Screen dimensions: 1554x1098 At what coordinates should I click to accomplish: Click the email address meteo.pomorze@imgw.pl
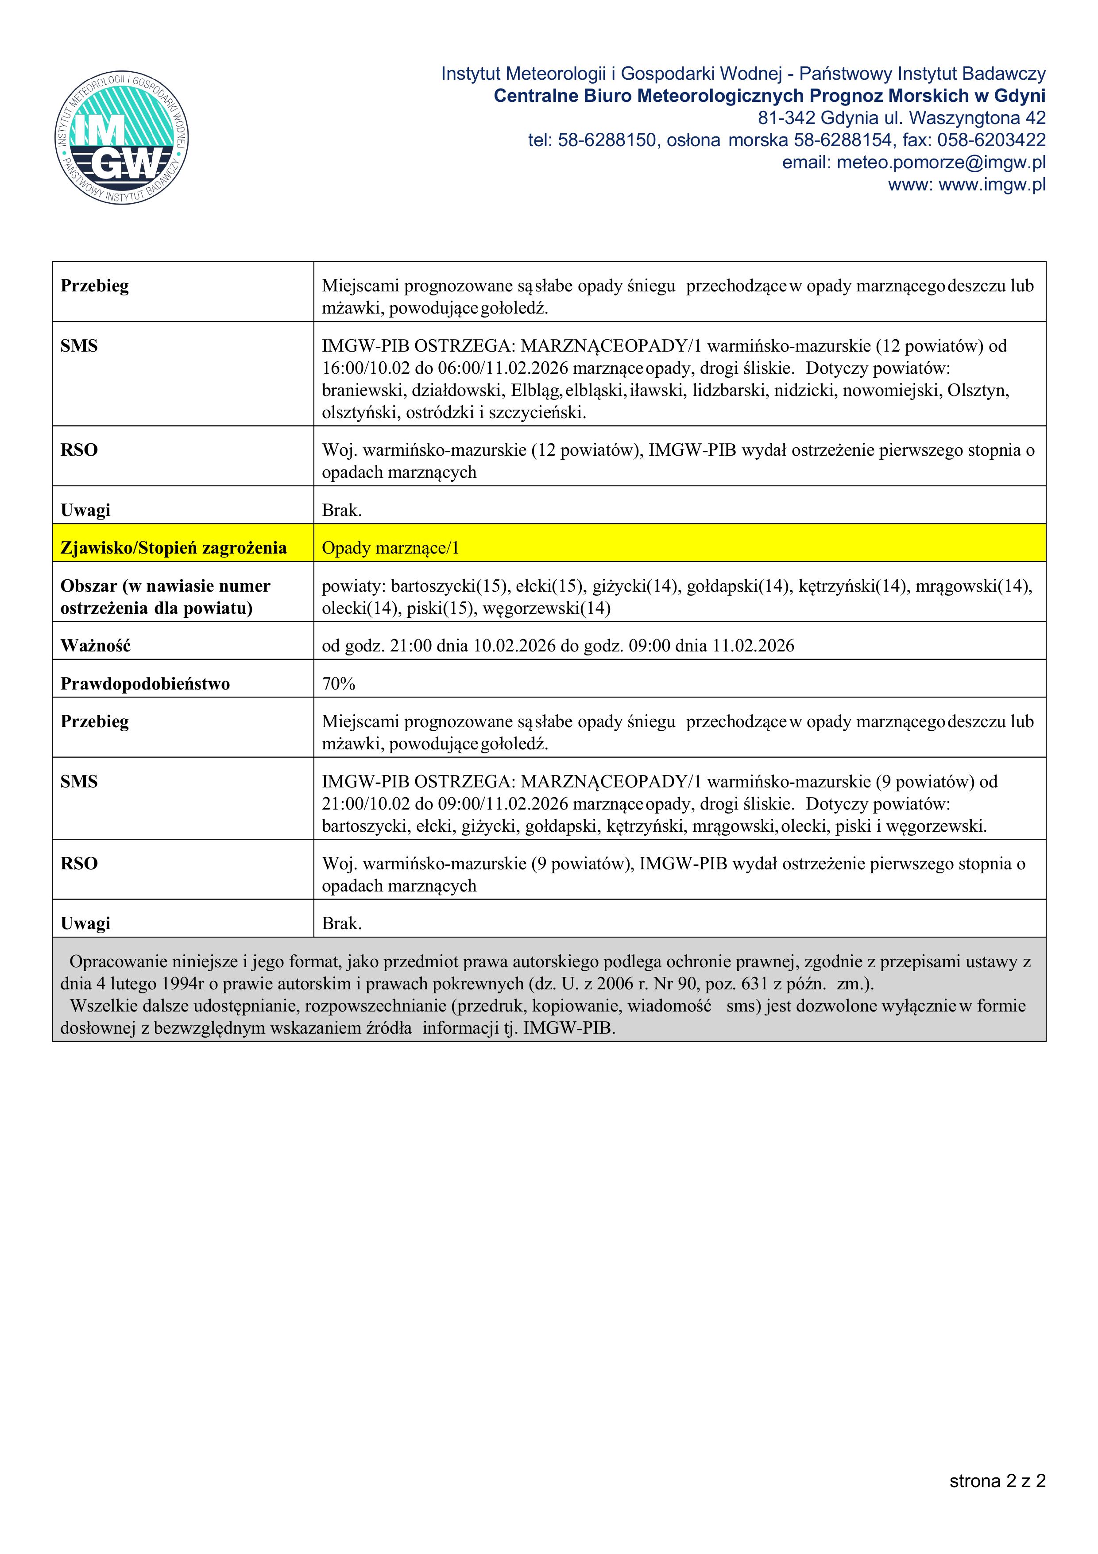tap(941, 163)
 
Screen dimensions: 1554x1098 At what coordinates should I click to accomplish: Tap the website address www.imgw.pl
tap(992, 185)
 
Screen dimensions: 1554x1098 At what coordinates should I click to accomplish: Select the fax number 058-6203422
tap(991, 140)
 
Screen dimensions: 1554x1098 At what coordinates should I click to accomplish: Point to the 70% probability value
tap(338, 684)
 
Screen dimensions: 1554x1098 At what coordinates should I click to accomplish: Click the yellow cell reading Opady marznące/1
tap(390, 547)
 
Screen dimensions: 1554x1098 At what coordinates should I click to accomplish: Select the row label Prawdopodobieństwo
tap(145, 684)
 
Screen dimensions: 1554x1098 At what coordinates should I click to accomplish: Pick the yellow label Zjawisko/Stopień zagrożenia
tap(173, 547)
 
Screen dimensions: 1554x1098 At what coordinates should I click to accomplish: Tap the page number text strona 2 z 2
tap(997, 1481)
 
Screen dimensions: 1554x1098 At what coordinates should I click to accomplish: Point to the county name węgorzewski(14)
tap(547, 608)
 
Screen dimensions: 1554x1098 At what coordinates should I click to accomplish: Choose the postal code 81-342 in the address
tap(785, 118)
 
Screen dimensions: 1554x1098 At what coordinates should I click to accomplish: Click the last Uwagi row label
tap(85, 923)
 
